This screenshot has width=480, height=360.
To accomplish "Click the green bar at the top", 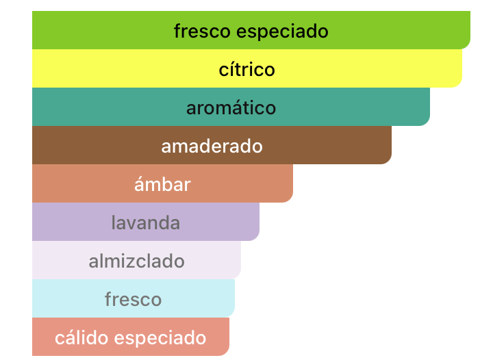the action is click(x=251, y=30).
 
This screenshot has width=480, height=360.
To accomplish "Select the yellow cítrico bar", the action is click(x=247, y=68).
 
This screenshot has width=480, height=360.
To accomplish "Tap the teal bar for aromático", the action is click(x=231, y=107).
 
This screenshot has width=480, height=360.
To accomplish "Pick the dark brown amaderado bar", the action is click(x=212, y=145).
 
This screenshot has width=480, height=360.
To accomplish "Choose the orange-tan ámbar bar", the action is click(x=162, y=183).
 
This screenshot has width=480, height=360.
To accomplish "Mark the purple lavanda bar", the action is click(x=146, y=222).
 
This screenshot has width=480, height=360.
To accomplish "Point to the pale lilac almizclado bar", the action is click(x=136, y=260).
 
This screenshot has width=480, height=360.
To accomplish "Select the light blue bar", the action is click(x=134, y=298).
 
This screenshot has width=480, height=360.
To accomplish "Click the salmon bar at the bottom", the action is click(x=131, y=337).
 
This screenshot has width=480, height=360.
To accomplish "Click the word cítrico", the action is click(x=247, y=69).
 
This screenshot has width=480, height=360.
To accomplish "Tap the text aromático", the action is click(x=231, y=107).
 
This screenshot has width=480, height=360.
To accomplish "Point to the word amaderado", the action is click(x=212, y=146).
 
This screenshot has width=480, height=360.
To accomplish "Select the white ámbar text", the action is click(x=162, y=184).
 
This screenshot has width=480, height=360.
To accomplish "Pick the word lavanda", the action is click(x=146, y=222).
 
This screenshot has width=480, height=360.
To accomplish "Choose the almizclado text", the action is click(x=136, y=261).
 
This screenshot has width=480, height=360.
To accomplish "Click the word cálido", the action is click(x=81, y=337).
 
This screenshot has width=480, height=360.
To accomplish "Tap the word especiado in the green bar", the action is click(x=282, y=32).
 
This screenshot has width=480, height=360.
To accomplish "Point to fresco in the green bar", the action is click(x=202, y=31).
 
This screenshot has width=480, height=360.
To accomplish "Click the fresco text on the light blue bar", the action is click(x=134, y=299).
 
